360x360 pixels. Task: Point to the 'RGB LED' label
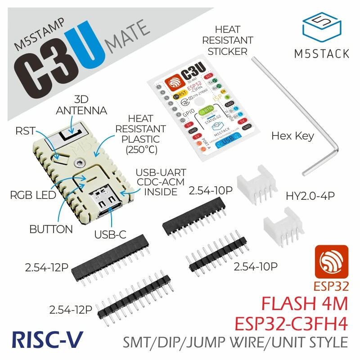(x=32, y=196)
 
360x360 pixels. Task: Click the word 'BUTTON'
(x=51, y=229)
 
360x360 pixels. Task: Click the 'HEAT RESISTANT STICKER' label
(x=227, y=40)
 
